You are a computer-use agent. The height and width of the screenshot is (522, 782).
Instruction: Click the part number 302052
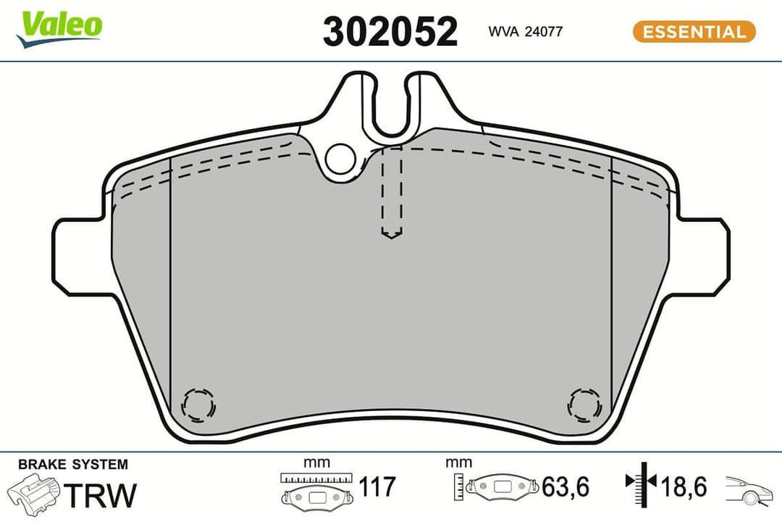click(390, 32)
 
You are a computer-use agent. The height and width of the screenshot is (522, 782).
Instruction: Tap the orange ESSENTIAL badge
click(694, 31)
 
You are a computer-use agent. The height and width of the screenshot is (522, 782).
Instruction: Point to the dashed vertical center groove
click(391, 192)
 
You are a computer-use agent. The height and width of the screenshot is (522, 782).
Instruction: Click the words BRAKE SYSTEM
click(72, 465)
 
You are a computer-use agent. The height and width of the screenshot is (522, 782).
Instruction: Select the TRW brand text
click(101, 495)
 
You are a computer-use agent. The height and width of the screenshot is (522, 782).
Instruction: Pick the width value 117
click(377, 486)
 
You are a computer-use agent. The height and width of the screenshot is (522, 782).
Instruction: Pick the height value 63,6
click(566, 486)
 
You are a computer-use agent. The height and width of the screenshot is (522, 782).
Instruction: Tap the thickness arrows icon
click(640, 484)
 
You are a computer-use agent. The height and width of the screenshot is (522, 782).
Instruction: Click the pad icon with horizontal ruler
click(316, 489)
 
